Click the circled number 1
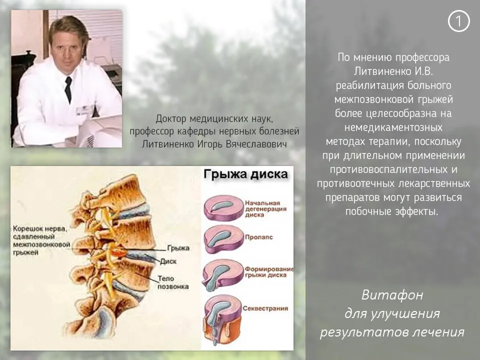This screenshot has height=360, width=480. pos(458,21)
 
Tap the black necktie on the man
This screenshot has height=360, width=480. pos(68,89)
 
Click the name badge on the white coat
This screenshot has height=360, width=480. pos(85,109)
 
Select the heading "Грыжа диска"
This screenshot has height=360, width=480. pos(245,174)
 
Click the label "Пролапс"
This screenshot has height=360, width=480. pos(258,237)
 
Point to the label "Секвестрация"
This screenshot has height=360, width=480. pos(265,308)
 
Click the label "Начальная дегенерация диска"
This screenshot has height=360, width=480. pos(265,209)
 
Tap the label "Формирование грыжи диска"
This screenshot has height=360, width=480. pos(269,272)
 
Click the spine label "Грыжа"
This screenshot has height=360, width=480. pos(178,248)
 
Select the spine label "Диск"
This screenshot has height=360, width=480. pos(168,261)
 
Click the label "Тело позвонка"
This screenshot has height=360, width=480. pos(173,282)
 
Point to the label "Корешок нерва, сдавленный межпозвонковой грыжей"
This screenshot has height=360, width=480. pos(41,240)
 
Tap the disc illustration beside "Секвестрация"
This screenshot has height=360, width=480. pos(223,320)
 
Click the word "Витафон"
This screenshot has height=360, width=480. pos(392,295)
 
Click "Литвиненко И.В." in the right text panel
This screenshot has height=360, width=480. pos(393,71)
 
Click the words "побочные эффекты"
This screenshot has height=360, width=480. pos(392,211)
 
